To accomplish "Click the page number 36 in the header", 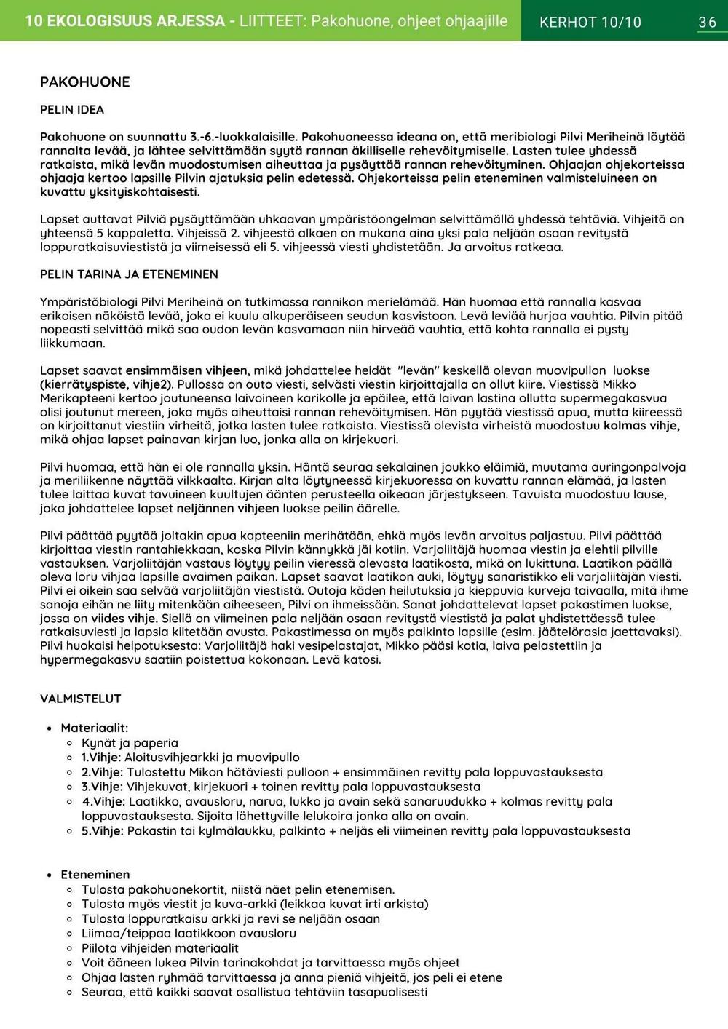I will coord(707,23).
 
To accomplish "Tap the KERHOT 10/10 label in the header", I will coord(590,23).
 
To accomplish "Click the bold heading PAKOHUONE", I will coord(84,82).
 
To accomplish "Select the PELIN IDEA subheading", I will coord(72,110).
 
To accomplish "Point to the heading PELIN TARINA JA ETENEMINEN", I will coord(129,274).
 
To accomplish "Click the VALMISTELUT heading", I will coord(81,699).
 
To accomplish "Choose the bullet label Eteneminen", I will coord(95,875).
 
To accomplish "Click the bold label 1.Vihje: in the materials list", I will coord(102,758).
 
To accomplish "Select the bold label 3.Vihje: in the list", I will coord(102,787).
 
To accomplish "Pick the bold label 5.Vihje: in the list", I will coord(102,831).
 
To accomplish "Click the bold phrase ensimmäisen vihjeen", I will coord(186,370).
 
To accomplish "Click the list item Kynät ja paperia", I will coord(130,743).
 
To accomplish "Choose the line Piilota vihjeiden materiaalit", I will coord(159,948).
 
